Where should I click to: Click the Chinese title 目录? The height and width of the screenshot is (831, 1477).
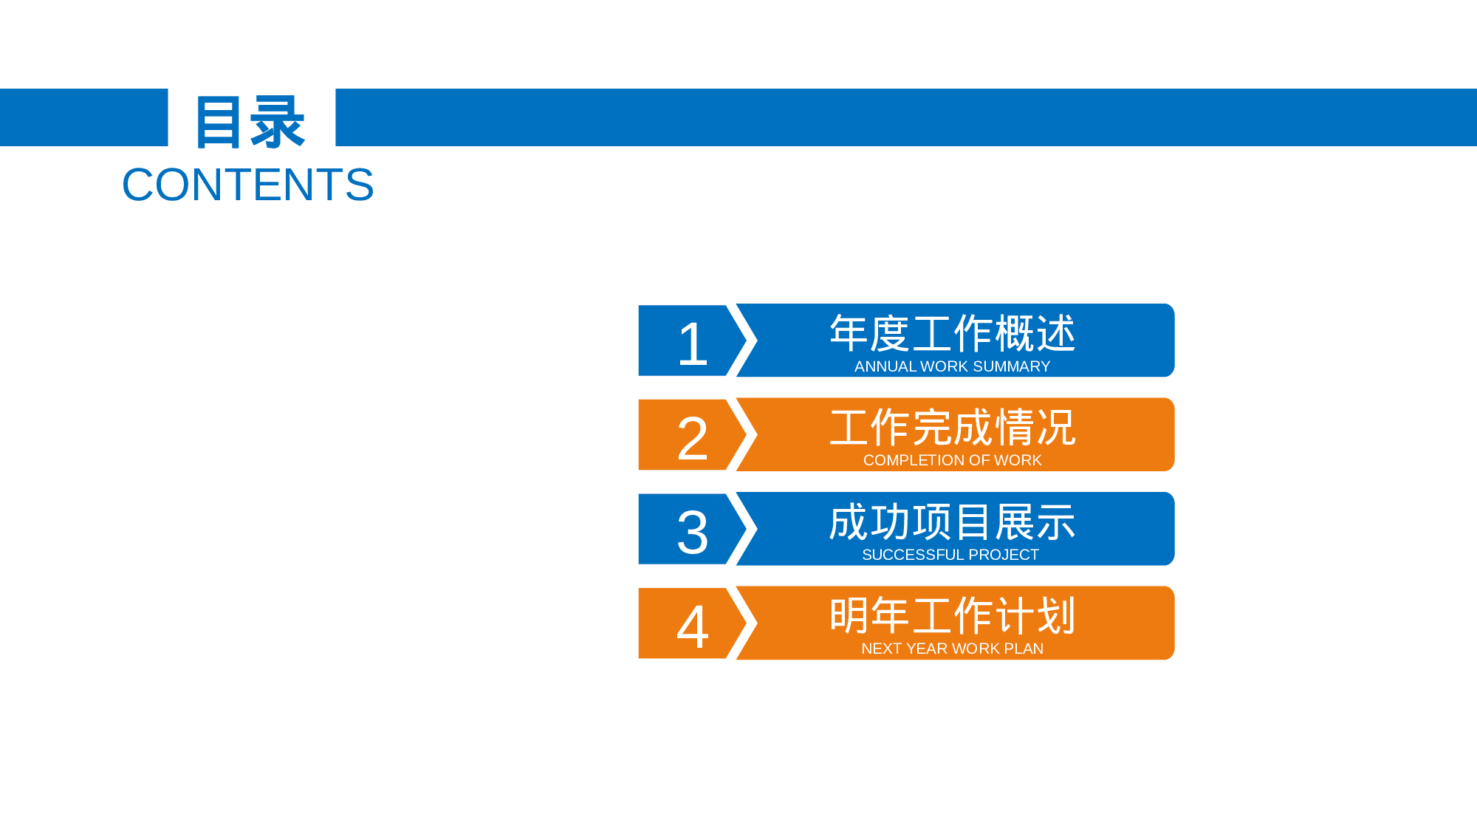(x=250, y=122)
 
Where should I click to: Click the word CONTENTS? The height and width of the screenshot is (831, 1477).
(x=248, y=185)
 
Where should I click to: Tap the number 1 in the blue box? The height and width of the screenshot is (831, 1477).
(x=693, y=344)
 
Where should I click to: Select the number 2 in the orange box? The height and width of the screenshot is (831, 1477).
(x=693, y=438)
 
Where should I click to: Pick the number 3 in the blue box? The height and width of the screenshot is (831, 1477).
(x=693, y=533)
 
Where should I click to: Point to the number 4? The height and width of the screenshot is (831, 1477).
(x=693, y=626)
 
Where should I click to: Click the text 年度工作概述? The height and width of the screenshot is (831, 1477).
(x=952, y=333)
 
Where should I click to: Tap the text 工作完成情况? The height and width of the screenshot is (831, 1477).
(x=952, y=428)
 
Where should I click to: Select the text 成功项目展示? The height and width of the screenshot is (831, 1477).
(x=952, y=522)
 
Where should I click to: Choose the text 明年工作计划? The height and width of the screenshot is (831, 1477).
(x=952, y=616)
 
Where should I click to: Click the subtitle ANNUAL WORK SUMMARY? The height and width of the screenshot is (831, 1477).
(x=952, y=366)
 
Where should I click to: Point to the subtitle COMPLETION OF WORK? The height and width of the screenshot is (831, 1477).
(x=952, y=460)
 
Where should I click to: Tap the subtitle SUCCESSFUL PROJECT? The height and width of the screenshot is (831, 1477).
(x=950, y=555)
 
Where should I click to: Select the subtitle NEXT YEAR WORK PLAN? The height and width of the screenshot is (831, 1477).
(x=952, y=649)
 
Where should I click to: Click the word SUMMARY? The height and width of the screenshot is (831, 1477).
(x=1011, y=366)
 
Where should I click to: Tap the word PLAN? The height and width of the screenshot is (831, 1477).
(x=1024, y=649)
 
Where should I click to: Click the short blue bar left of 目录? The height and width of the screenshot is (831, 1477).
(x=83, y=117)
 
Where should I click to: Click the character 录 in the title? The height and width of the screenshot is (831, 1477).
(x=278, y=122)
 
